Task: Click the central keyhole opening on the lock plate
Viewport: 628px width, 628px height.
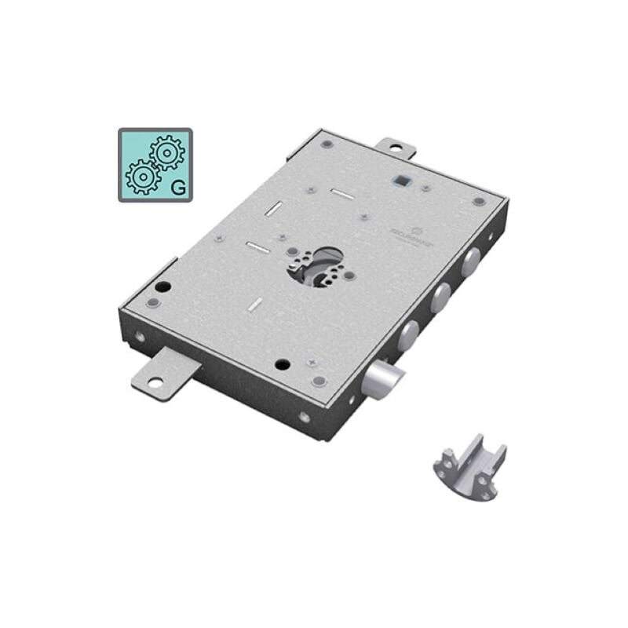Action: [321, 265]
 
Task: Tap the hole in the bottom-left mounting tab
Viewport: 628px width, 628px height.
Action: [154, 382]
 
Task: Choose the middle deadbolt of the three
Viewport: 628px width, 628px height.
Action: [440, 298]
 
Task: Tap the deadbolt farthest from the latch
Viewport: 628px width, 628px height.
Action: [470, 261]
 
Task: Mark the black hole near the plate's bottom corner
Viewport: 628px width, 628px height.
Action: [282, 364]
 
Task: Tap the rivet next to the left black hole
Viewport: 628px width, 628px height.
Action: [153, 303]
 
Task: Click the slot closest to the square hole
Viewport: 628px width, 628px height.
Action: [342, 193]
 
